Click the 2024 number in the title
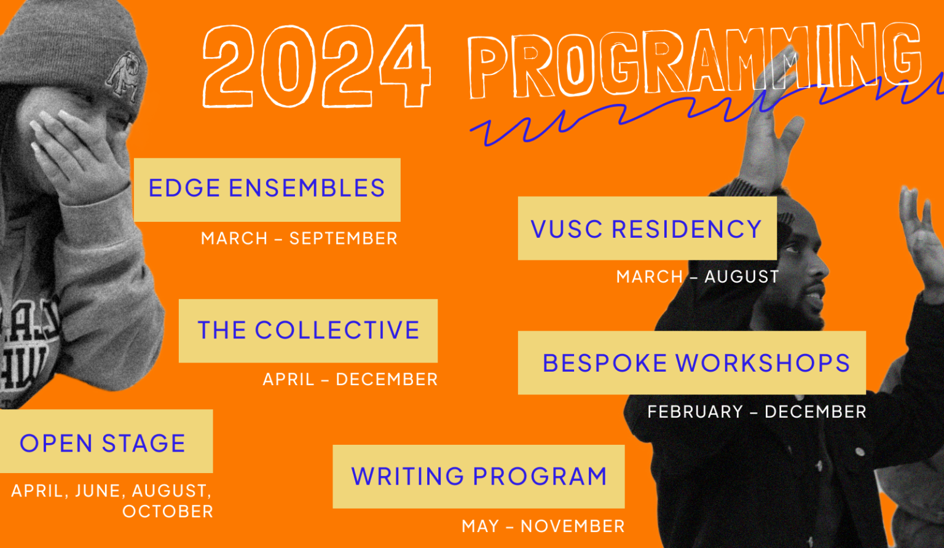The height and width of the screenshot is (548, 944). (316, 66)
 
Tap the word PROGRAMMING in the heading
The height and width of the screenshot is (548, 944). (694, 61)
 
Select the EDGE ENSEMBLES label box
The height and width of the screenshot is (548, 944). (267, 189)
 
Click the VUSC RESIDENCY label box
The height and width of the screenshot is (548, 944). (647, 229)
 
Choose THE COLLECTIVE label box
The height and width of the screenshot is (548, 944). (308, 331)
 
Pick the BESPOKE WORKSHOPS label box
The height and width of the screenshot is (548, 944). (691, 362)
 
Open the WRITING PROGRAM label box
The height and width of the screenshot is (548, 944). (478, 476)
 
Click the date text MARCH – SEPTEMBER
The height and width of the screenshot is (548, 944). (299, 238)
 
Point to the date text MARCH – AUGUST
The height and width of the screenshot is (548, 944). (697, 277)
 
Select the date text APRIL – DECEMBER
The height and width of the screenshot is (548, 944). (350, 380)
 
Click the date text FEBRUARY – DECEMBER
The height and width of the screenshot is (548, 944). (757, 412)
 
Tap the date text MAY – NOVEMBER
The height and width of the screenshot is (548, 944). (543, 526)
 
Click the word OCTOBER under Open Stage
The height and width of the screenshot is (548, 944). (168, 511)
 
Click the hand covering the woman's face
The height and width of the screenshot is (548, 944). (74, 154)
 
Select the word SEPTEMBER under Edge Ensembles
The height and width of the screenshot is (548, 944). (343, 238)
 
